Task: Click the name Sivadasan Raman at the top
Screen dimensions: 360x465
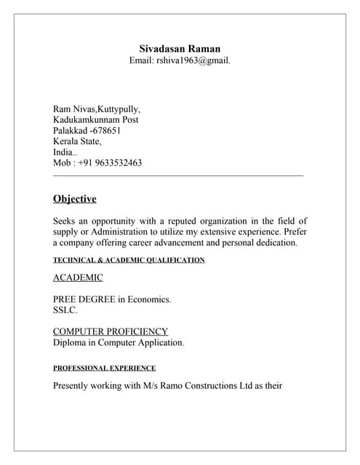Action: (180, 48)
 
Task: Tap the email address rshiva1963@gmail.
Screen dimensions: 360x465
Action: (193, 60)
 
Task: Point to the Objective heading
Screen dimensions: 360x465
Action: (74, 199)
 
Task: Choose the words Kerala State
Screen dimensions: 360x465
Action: (77, 142)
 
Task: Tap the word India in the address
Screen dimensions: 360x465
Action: (63, 153)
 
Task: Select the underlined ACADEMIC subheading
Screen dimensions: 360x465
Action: (78, 278)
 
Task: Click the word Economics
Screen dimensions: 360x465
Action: (151, 299)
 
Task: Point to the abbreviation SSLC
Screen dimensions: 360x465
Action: (65, 310)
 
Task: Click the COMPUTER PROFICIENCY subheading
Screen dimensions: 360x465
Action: (111, 331)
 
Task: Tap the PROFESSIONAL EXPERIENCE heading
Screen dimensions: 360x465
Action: (104, 368)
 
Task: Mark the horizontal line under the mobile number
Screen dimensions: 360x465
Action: (178, 175)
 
